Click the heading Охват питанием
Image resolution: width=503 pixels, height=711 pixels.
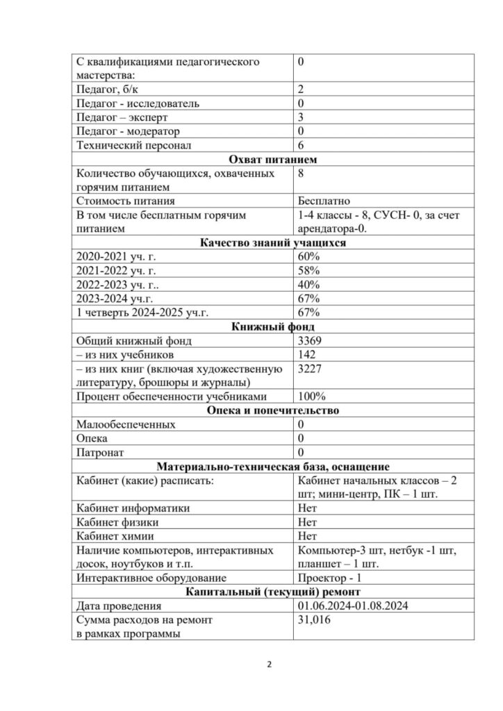pos(273,160)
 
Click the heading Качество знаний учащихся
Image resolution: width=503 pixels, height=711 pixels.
pos(273,243)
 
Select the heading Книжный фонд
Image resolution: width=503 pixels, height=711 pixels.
pos(273,326)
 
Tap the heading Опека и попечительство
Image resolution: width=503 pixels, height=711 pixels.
pos(273,410)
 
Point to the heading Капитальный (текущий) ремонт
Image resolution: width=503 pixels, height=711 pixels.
pos(273,592)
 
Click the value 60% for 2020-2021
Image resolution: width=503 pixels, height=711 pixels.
pos(308,257)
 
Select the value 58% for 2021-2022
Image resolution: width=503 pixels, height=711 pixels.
pos(308,271)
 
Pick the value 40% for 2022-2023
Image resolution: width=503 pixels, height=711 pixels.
pos(308,285)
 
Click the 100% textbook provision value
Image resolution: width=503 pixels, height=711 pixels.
pos(311,396)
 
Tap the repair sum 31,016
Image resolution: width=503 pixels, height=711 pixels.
pos(313,619)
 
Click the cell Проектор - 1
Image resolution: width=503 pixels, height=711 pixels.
pos(329,578)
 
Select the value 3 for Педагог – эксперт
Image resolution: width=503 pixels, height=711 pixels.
pos(300,117)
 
